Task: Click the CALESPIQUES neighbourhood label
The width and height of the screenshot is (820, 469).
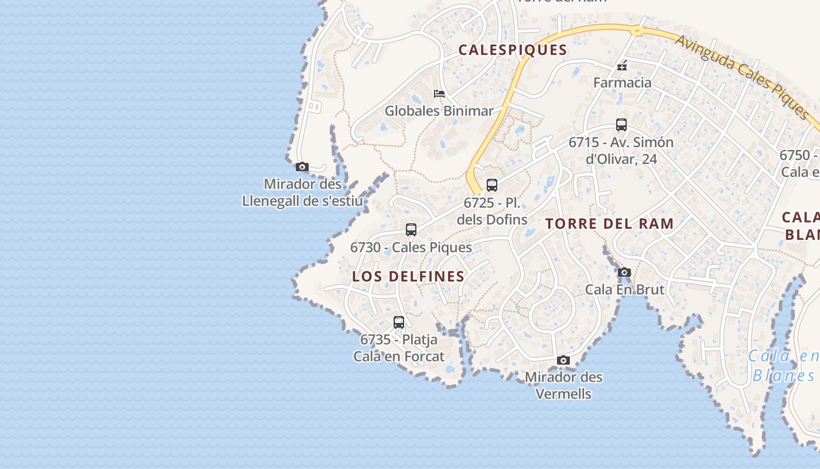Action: [512, 50]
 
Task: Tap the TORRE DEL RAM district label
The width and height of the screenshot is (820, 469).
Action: [609, 223]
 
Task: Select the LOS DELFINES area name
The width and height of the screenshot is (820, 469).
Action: [408, 277]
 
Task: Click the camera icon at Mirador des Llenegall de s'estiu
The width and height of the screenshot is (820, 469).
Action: [302, 167]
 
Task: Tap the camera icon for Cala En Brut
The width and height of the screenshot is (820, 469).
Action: [624, 272]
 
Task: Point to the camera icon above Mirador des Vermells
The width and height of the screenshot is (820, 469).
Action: [563, 360]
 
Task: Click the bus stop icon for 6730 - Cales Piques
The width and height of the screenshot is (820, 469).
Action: [411, 229]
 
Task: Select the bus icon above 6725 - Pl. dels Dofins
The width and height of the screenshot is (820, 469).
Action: [492, 185]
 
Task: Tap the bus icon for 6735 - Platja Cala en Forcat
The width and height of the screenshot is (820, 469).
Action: [399, 322]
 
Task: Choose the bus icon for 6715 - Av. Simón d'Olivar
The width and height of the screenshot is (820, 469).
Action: [621, 124]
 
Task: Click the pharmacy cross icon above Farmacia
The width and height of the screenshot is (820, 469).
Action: [622, 66]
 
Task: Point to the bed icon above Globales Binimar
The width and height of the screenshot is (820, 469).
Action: [439, 94]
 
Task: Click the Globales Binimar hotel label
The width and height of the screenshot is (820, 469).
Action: [439, 111]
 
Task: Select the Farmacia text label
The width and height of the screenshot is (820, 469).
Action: [622, 83]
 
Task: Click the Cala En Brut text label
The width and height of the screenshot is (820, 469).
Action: [625, 290]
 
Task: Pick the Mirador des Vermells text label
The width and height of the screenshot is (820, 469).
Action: [563, 385]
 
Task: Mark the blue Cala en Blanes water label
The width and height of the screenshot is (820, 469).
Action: [784, 366]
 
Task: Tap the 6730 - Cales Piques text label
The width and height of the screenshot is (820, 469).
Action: [411, 247]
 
